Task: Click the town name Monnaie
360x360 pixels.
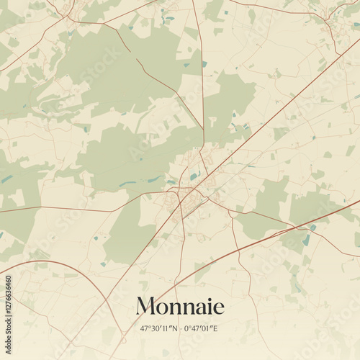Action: coord(180,306)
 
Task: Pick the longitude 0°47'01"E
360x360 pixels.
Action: coord(202,328)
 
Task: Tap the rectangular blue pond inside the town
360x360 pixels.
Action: coord(193,175)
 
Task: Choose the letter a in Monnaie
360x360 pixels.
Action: coord(197,307)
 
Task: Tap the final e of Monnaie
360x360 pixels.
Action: coord(218,307)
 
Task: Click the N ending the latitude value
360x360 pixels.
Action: coord(175,328)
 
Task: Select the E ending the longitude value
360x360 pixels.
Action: coord(217,328)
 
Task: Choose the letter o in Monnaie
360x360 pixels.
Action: coord(163,307)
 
